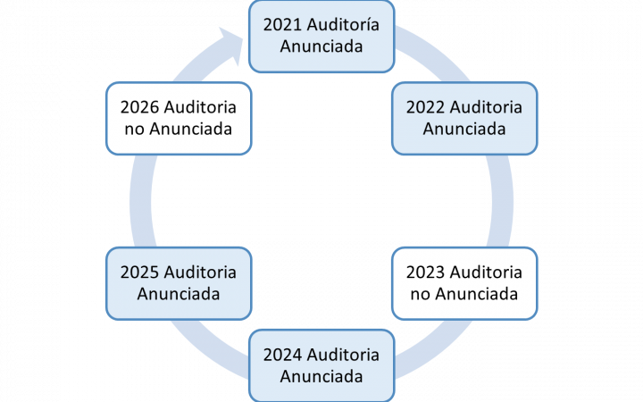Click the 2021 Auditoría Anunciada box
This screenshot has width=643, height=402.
(321, 37)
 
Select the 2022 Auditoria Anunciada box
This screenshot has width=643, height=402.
(464, 119)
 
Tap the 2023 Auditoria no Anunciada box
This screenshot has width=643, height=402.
(464, 283)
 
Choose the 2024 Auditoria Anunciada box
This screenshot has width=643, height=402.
(321, 366)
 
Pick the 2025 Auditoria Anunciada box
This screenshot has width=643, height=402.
(179, 283)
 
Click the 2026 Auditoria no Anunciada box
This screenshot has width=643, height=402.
(179, 119)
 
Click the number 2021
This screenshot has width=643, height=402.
(282, 25)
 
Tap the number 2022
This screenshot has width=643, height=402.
(426, 107)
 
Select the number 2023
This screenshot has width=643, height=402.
(426, 272)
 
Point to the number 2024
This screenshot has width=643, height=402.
(282, 356)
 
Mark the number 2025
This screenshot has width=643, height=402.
(140, 272)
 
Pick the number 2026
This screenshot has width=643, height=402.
(140, 107)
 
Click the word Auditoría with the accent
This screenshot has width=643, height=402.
(343, 25)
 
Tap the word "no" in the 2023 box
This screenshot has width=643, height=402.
(420, 295)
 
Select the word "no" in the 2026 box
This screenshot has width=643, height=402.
(134, 130)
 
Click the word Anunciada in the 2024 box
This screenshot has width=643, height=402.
(321, 377)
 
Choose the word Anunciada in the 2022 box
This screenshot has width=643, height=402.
(464, 129)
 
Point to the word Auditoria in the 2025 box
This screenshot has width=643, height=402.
(200, 272)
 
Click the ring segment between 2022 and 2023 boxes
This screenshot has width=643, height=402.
(502, 201)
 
